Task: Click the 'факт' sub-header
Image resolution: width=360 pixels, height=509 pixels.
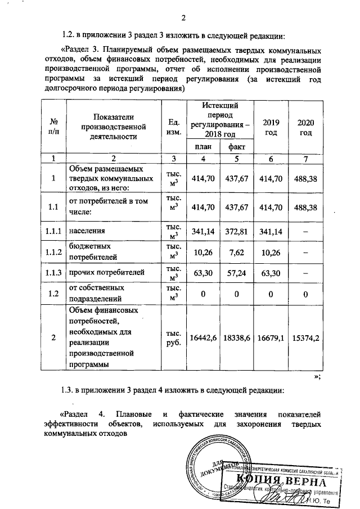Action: [236, 147]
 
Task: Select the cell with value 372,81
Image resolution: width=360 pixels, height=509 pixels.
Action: [236, 231]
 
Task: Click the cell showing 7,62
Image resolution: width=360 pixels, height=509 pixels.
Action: [236, 251]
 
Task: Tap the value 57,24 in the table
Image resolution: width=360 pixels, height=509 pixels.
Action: [236, 273]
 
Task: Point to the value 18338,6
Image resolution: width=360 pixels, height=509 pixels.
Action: [236, 337]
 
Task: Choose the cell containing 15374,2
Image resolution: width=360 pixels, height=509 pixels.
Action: [305, 337]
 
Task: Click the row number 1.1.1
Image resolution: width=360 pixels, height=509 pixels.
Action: [55, 231]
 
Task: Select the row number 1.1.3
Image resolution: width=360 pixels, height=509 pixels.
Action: [55, 273]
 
